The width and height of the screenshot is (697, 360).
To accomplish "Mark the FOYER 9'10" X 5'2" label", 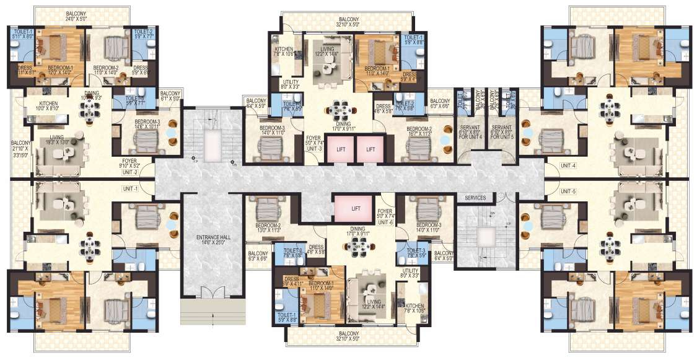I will pyautogui.click(x=129, y=163).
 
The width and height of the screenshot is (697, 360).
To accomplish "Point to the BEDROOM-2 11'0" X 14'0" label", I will pyautogui.click(x=106, y=70).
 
